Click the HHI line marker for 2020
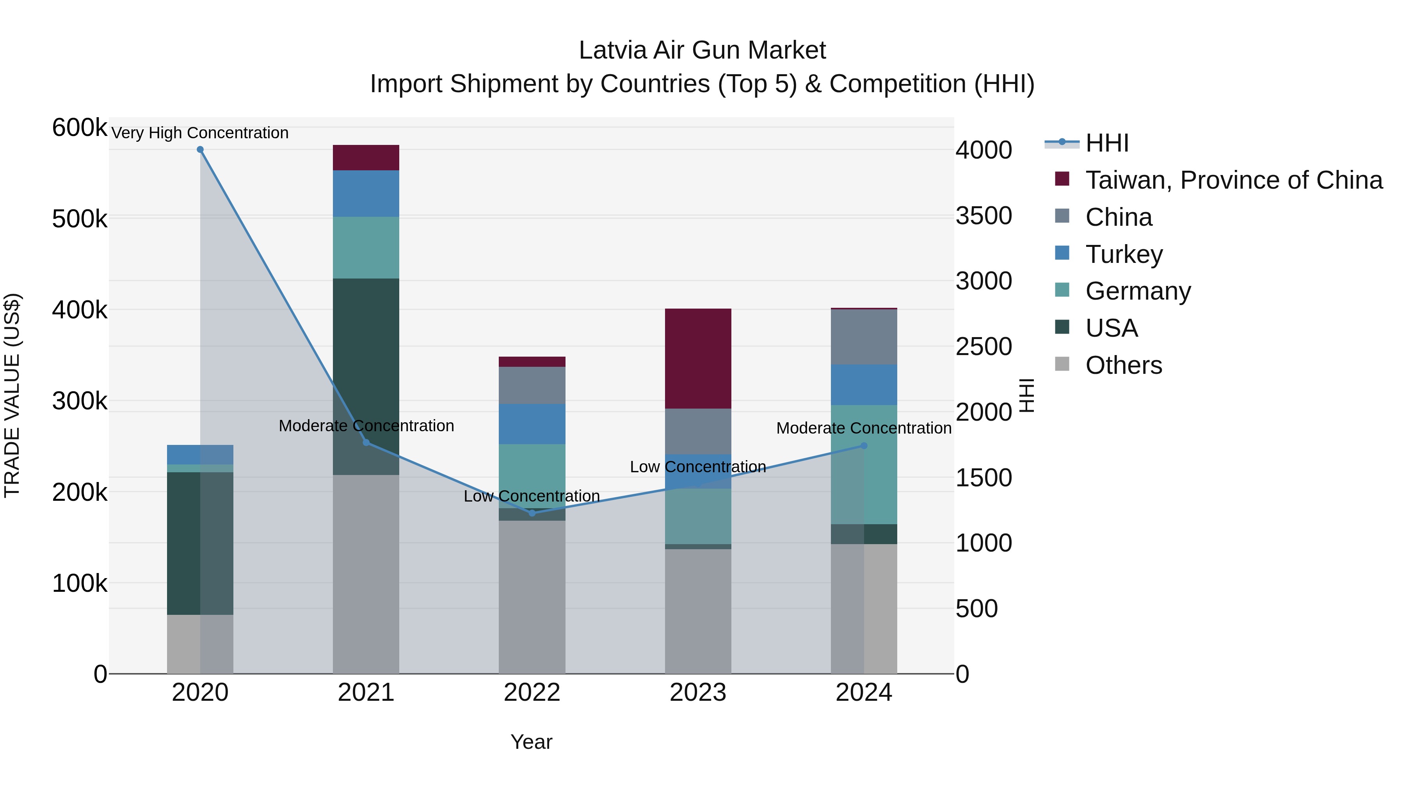coord(200,150)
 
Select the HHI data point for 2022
coord(532,513)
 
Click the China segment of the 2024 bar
coord(864,337)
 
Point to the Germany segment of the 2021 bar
coord(366,247)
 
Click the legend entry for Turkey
coord(1124,254)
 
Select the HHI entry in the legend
coord(1107,143)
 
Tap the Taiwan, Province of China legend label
coord(1234,180)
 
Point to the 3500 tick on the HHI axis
coord(983,216)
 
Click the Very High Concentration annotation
coord(200,133)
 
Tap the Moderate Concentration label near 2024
coord(864,428)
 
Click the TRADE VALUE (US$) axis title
coord(12,395)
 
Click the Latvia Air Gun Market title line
coord(702,50)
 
